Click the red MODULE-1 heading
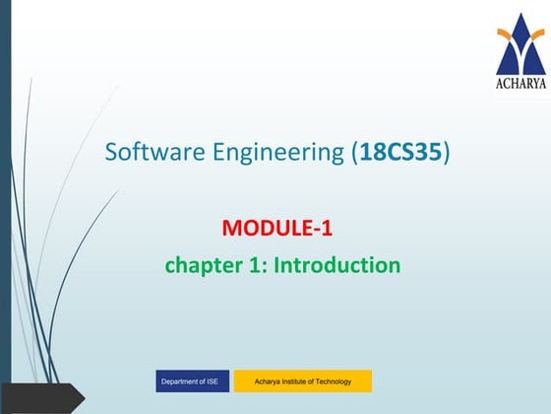(278, 230)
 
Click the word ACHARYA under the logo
(520, 83)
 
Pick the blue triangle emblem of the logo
(520, 34)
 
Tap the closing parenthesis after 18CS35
(447, 154)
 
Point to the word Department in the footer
(179, 380)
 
